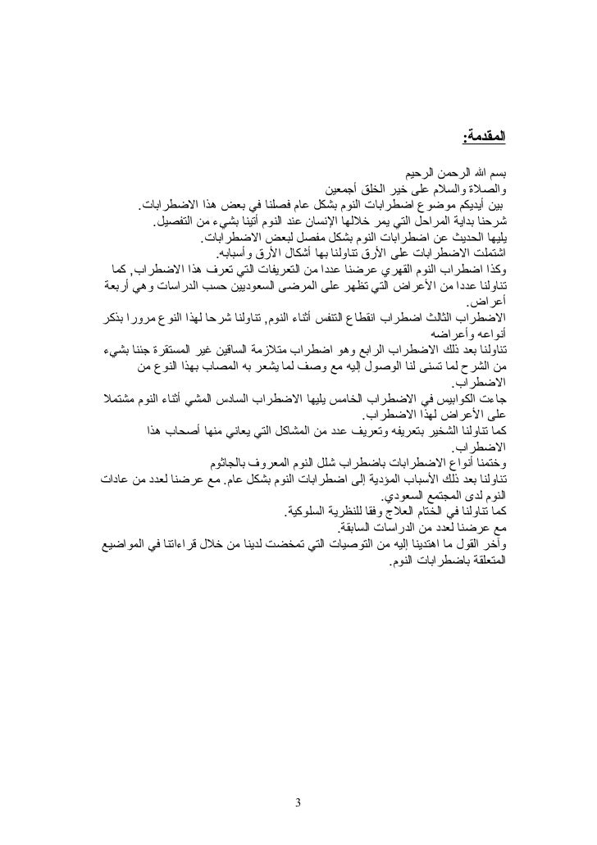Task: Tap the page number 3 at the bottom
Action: click(x=299, y=802)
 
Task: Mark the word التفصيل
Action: click(x=182, y=220)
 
